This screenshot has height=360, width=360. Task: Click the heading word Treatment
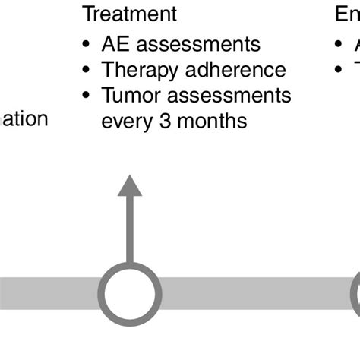(x=130, y=14)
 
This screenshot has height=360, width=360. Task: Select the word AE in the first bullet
(x=115, y=45)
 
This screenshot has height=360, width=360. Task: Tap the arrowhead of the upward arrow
(x=130, y=186)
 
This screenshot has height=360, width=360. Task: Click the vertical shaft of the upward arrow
(x=130, y=228)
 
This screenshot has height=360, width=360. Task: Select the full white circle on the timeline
(x=131, y=292)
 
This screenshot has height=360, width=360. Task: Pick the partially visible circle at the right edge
(x=355, y=292)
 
